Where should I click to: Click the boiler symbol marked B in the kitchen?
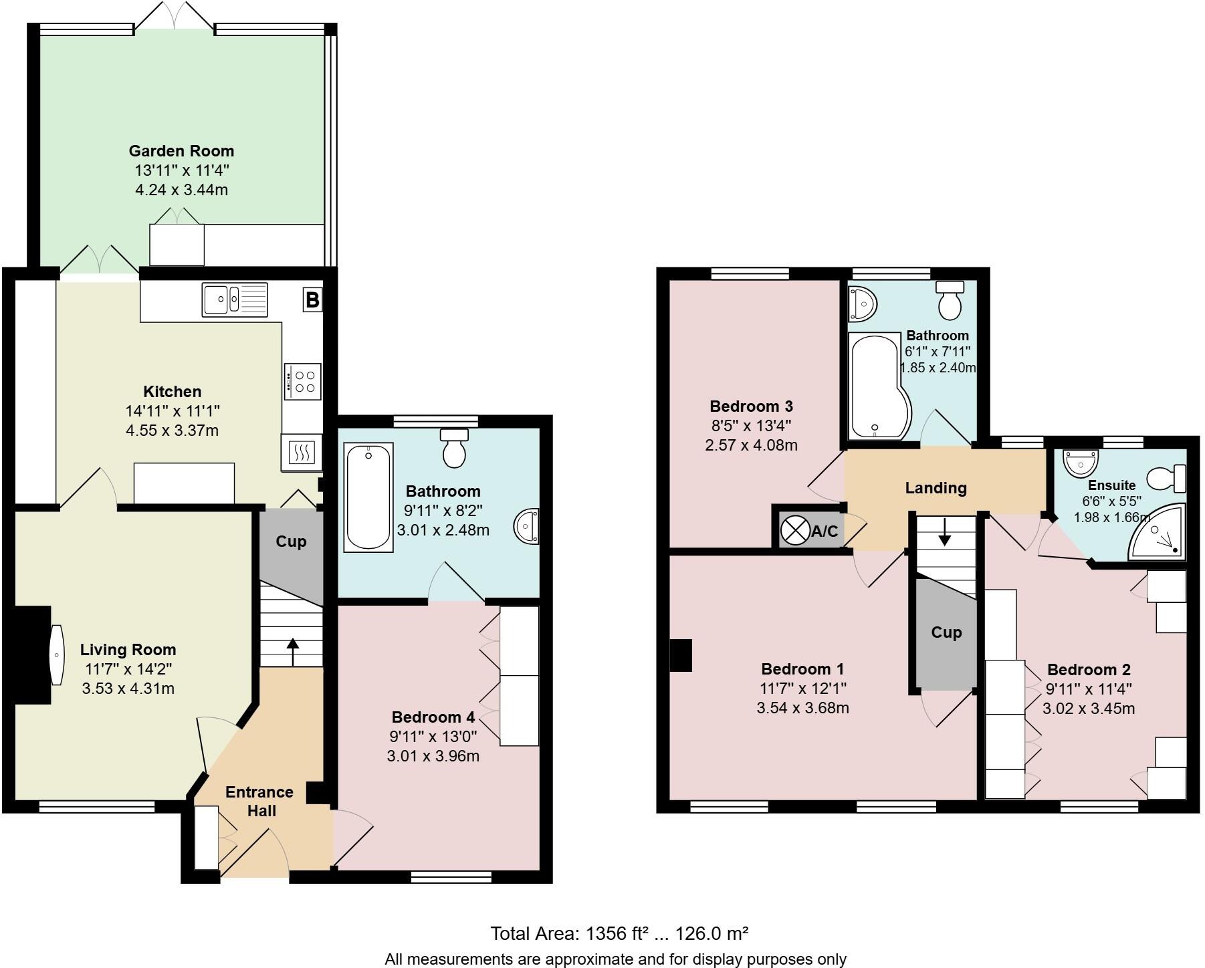pos(312,299)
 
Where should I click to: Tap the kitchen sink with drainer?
pos(235,299)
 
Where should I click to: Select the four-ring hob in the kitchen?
pos(302,382)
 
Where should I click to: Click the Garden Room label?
pos(181,151)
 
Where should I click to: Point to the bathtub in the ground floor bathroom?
pos(368,497)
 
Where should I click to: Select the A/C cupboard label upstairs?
pos(824,531)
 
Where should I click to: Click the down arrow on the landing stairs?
pos(944,531)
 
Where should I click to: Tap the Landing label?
pos(936,488)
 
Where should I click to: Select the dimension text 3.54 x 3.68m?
pos(802,708)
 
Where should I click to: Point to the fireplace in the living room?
pos(32,654)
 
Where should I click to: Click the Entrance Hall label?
pos(259,801)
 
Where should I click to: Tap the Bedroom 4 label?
pos(433,717)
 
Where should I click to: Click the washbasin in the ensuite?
pos(1081,463)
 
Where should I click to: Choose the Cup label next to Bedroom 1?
pos(946,632)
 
